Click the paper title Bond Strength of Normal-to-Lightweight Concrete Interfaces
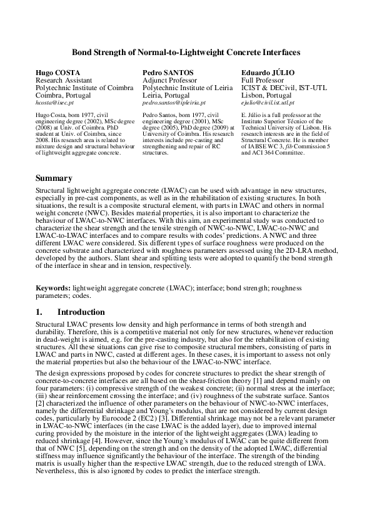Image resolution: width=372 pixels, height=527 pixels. coord(186,53)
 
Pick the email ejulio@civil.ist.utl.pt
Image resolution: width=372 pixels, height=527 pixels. coord(268,101)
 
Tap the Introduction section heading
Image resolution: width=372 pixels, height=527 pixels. coord(81,312)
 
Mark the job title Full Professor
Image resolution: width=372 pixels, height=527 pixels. coord(261,81)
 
